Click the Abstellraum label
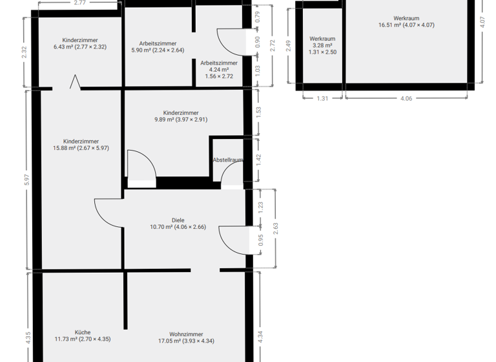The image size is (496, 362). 228,160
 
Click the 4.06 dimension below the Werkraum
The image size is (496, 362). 406,98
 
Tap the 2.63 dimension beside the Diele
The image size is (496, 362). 274,228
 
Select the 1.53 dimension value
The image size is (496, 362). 258,111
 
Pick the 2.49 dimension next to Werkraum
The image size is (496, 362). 289,46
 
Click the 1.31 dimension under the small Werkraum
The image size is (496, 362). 323,98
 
